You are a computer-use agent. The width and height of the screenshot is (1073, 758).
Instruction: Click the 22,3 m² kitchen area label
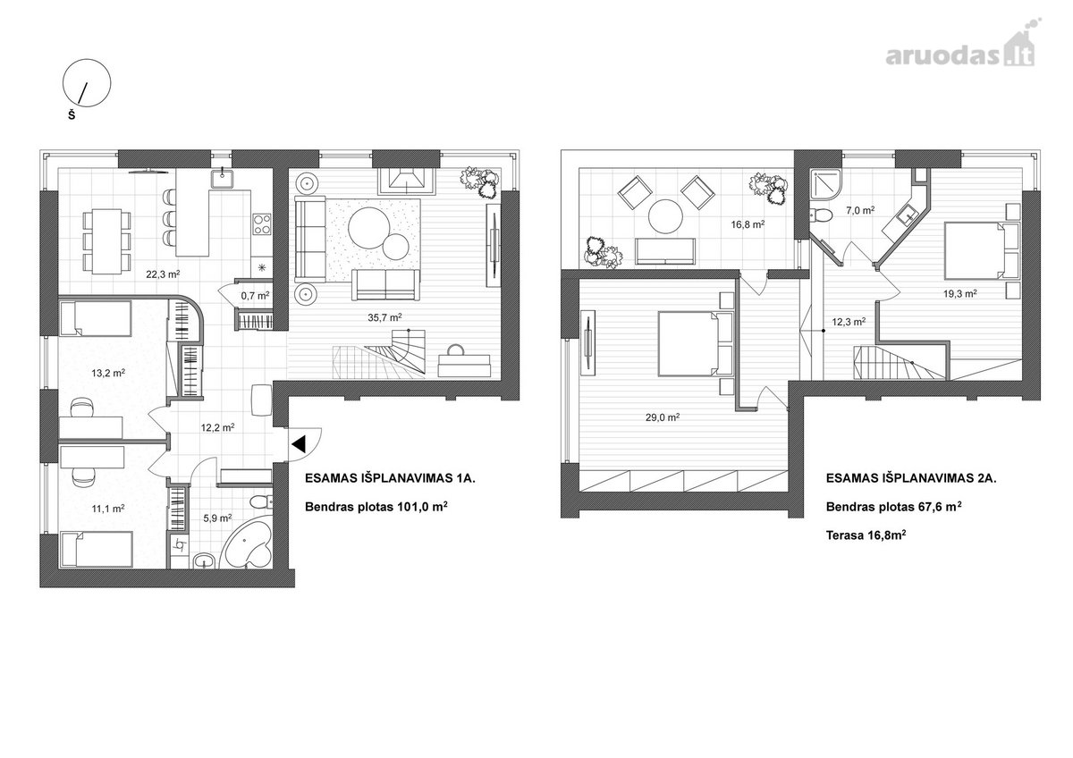coord(163,274)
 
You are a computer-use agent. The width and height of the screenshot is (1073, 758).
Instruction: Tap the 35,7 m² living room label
coord(384,317)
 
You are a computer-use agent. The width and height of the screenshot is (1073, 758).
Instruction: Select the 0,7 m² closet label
coord(255,296)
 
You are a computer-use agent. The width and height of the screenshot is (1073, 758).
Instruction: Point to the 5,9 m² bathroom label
coord(217,518)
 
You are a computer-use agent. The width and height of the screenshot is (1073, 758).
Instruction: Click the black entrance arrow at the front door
coord(299,444)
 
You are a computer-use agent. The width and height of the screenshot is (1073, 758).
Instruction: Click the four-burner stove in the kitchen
coord(262,224)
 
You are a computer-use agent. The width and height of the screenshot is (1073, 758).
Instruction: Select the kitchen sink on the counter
coord(222,179)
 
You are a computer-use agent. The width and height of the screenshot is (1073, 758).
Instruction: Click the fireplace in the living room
coord(406,181)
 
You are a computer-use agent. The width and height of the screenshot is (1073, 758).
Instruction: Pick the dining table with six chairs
coord(106,240)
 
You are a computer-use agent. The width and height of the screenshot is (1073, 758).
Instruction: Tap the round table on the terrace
coord(665,216)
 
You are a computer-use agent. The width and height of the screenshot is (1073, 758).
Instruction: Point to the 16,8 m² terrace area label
coord(748,223)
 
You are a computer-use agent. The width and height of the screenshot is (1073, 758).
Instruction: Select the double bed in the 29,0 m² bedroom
coord(696,342)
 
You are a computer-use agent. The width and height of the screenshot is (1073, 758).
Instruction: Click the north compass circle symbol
coord(87,83)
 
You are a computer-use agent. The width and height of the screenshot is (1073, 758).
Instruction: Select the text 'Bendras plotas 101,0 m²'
coord(376,506)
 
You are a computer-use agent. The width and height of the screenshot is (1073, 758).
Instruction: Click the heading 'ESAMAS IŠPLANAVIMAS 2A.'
coord(911,478)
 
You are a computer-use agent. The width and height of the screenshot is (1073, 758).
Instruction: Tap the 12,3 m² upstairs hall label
coord(849,322)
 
